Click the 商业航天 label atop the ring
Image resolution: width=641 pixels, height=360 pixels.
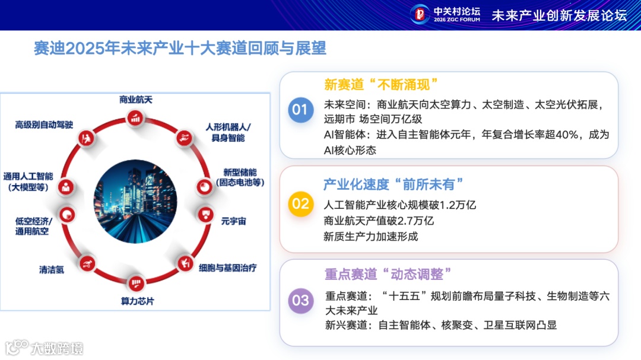[x=136, y=100]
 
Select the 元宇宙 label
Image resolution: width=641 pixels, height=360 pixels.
[x=233, y=221]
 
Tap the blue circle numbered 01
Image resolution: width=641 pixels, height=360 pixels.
[x=300, y=110]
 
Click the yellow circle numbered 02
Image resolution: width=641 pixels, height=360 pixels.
[x=300, y=204]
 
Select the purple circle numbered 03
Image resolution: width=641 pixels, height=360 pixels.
[x=300, y=300]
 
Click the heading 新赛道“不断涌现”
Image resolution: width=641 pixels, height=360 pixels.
[x=380, y=84]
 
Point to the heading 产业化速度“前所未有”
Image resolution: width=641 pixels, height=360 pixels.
[x=393, y=184]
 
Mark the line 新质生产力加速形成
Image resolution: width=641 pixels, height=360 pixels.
[x=370, y=237]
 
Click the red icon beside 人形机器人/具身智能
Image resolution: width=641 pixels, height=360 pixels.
[x=183, y=138]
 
